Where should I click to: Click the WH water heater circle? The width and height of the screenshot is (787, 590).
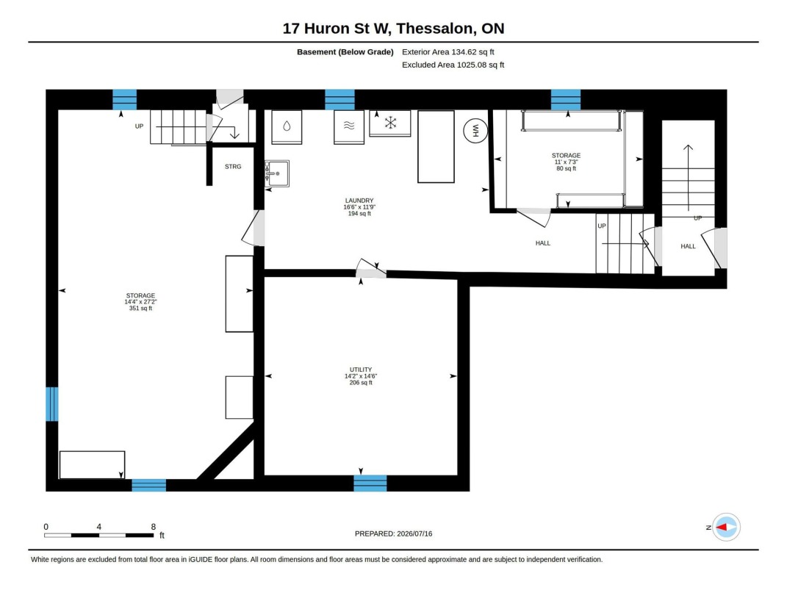pos(475,131)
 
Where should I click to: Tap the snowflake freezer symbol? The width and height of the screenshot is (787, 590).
pos(390,123)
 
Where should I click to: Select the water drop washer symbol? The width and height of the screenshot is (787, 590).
pos(287,126)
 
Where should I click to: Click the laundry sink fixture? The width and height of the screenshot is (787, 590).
pos(277,173)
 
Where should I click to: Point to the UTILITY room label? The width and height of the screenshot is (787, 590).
pos(361,370)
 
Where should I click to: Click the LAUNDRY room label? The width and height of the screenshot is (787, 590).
pos(359,201)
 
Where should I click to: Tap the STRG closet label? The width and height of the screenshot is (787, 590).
pos(233,167)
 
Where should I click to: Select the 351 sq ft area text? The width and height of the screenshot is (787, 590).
pos(140,309)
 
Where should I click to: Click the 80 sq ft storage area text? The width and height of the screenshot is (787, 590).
pos(566,168)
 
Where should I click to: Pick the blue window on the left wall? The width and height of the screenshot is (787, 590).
pos(52,404)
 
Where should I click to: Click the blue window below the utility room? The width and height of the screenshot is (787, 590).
pos(370,483)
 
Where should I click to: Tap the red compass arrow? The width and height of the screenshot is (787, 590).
pos(722,528)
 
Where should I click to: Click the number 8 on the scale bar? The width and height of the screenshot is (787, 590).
pos(154,527)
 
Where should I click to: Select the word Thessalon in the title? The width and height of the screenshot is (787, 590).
pos(435,29)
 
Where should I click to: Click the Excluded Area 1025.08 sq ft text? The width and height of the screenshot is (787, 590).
pos(453,65)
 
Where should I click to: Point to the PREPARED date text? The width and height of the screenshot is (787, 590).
pos(394,534)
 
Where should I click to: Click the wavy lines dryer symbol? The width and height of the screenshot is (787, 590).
pos(349,126)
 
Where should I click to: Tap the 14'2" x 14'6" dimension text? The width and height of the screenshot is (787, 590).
pos(361,376)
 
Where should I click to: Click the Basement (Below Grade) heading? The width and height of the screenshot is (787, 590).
pos(345,51)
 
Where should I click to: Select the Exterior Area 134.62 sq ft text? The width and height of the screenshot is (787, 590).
pos(448,51)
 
